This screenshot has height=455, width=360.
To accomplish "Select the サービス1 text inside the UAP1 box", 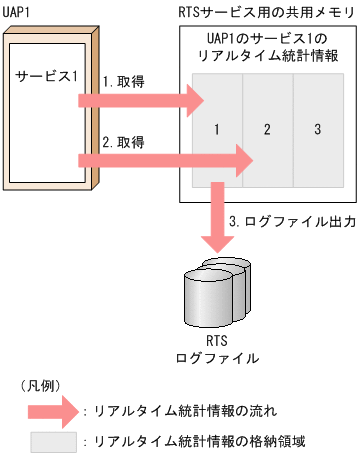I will pos(47,76).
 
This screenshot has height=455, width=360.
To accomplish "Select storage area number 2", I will pos(266,129).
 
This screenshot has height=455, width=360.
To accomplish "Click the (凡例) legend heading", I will pos(38,383).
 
